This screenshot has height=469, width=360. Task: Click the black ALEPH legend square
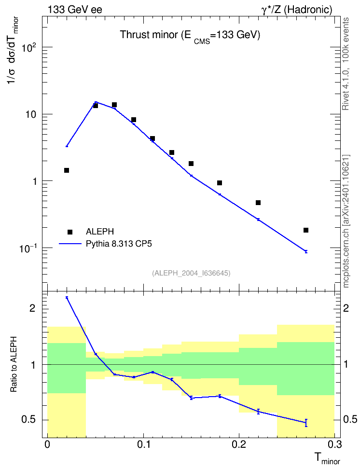[x=70, y=232]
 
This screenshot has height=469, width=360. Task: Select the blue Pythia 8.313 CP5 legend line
[x=70, y=244]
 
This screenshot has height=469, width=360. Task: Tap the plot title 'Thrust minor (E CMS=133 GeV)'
[x=190, y=36]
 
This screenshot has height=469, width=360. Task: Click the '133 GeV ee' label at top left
[x=75, y=10]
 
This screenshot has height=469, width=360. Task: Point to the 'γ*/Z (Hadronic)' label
[x=297, y=10]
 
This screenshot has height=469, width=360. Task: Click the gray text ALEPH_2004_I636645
[x=191, y=273]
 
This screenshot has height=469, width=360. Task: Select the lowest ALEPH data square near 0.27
[x=306, y=230]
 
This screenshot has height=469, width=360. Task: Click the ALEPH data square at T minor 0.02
[x=67, y=170]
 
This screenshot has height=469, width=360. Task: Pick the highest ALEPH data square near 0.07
[x=114, y=105]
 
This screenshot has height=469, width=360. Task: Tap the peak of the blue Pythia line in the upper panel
[x=96, y=102]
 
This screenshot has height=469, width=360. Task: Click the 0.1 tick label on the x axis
[x=144, y=444]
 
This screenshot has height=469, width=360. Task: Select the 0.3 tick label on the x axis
[x=334, y=444]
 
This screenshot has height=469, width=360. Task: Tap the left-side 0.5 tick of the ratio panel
[x=28, y=420]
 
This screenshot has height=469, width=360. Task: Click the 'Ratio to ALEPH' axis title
[x=14, y=364]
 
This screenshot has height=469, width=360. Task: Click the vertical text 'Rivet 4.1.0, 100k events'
[x=346, y=64]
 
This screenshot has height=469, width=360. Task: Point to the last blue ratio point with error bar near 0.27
[x=306, y=423]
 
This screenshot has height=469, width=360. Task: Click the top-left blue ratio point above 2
[x=67, y=298]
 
